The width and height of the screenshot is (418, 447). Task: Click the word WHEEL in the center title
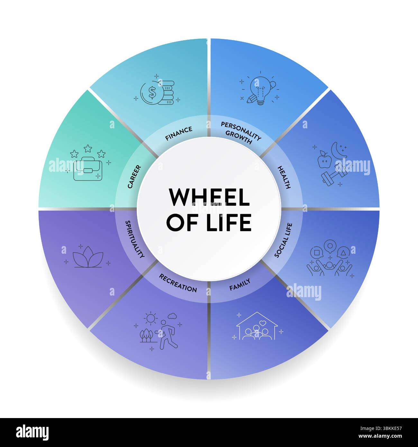(x=209, y=197)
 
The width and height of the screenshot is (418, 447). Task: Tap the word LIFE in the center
(x=229, y=223)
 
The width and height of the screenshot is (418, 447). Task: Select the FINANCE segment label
(x=179, y=133)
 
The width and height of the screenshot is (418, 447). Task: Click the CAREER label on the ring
(x=134, y=177)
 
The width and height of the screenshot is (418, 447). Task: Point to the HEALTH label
(x=284, y=177)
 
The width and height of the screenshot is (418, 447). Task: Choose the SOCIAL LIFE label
(x=283, y=240)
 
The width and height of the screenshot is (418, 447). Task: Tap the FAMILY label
(x=240, y=285)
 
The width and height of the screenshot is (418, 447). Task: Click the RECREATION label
(x=178, y=283)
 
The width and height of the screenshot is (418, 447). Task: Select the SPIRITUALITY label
(x=135, y=239)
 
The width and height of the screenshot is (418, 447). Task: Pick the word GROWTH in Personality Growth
(x=239, y=137)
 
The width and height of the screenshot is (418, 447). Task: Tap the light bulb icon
(x=261, y=90)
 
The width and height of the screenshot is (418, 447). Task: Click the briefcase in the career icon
(x=88, y=169)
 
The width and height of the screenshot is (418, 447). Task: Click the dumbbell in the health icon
(x=334, y=174)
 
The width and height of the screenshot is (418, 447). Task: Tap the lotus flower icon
(x=88, y=257)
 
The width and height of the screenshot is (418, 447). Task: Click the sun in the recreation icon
(x=150, y=318)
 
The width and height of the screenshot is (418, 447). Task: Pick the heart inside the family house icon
(x=262, y=323)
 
